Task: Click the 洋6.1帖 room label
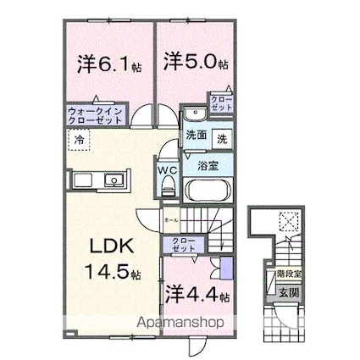click(108, 64)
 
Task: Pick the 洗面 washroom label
click(197, 135)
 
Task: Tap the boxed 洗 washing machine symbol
click(221, 136)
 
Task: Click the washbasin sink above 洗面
click(193, 115)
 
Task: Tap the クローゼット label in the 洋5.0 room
click(223, 103)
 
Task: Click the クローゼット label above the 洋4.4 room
click(184, 246)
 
